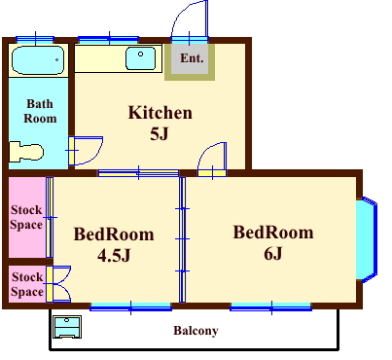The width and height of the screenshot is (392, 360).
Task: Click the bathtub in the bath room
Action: coord(38,60)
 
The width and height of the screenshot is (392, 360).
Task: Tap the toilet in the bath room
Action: coord(26,152)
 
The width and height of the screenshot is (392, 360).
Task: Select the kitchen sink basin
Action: coord(140,58)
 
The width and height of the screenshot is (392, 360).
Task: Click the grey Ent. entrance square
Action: coord(190,58)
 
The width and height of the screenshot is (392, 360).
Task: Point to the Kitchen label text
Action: coord(160,113)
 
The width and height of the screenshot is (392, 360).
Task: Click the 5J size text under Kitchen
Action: coord(160,133)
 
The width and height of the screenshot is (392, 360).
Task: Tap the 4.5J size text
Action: coord(114,255)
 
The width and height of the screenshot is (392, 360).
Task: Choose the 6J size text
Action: coord(273,253)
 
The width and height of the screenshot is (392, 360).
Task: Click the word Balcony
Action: coord(196,331)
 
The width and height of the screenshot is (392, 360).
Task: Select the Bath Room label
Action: coord(40,111)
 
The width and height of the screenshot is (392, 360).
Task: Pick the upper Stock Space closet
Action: coord(27,217)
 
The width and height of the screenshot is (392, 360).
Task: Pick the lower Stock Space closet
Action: coord(27,284)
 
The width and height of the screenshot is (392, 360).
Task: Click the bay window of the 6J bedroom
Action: coord(367,239)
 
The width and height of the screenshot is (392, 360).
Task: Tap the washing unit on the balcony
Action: coord(67,327)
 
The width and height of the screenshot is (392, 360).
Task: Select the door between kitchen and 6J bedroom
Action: coord(212,160)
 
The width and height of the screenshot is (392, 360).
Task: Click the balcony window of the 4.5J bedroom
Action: coord(130,307)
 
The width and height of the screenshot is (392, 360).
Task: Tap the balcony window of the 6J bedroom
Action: coord(271,307)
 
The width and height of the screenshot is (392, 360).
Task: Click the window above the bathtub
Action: coord(35,40)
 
